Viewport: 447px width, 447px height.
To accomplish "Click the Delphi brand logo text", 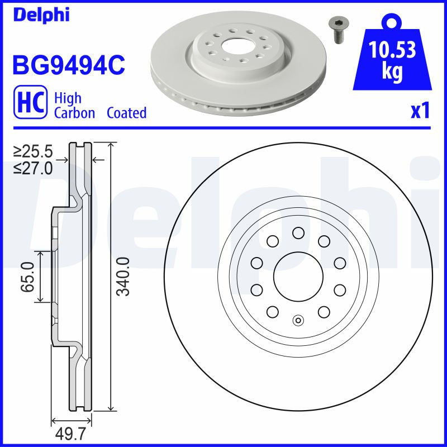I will [41, 15].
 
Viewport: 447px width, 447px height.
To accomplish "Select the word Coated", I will [126, 113].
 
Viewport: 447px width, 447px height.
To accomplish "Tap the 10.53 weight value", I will [393, 51].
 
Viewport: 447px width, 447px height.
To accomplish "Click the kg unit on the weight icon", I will [392, 73].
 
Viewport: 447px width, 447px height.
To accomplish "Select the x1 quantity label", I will [420, 112].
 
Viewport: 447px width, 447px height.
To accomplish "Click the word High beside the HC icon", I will [68, 98].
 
